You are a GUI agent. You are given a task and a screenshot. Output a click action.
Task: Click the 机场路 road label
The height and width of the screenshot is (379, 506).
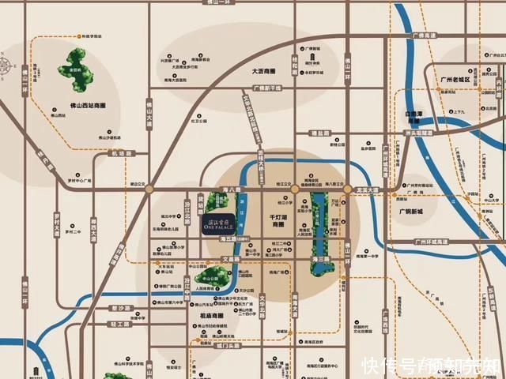coord(119,154)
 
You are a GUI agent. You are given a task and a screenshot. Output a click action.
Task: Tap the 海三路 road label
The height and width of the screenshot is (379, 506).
coord(321,259)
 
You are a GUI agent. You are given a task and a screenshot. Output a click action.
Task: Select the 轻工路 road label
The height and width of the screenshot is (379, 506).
coord(119,323)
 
